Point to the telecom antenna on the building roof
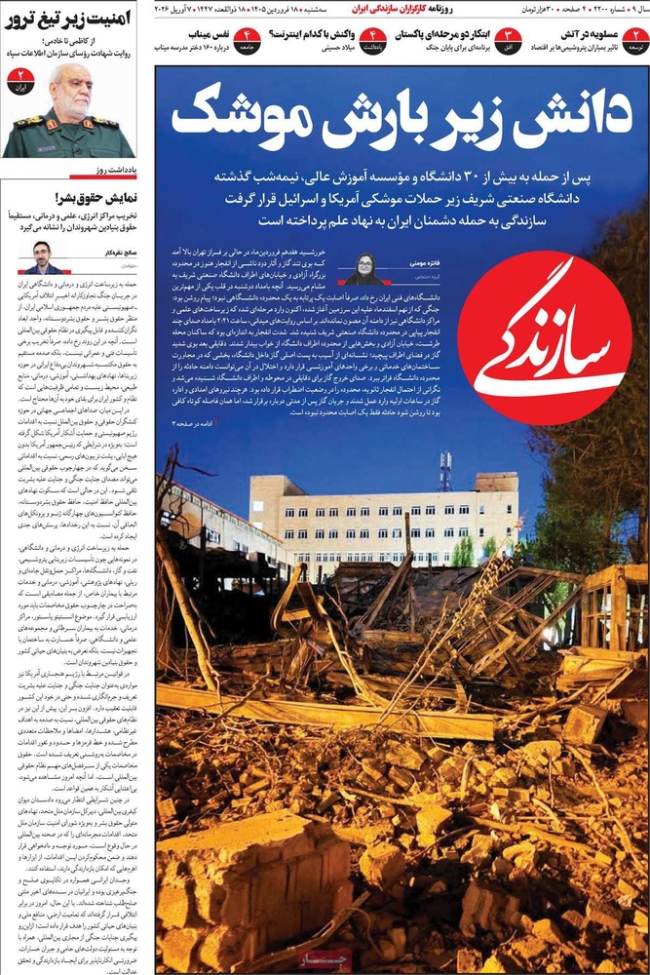(444, 471)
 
